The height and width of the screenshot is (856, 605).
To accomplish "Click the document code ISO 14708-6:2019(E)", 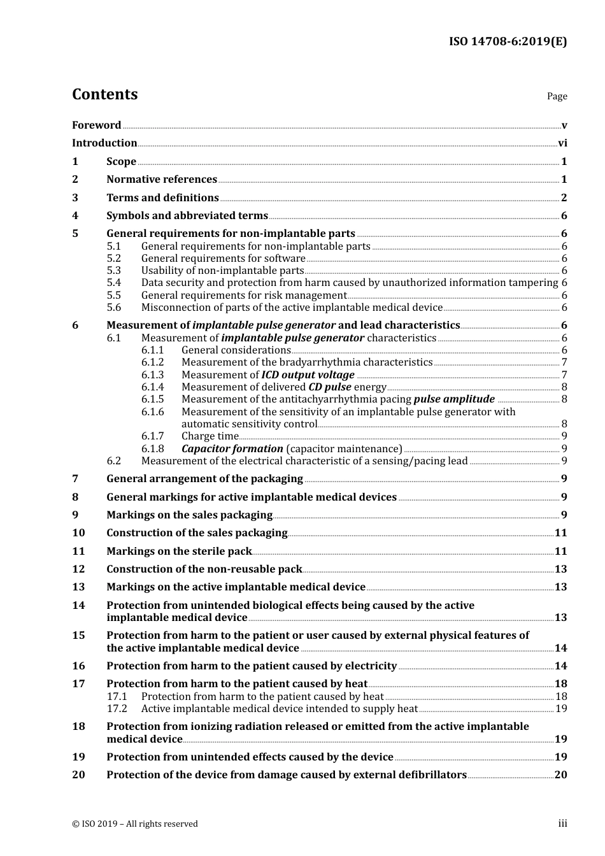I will tap(508, 42).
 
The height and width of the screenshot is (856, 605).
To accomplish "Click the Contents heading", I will tap(104, 94).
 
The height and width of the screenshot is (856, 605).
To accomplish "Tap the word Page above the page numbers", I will tap(557, 96).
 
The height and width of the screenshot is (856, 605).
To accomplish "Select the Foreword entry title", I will tap(96, 125).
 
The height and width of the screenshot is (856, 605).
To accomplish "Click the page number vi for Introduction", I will tap(562, 143).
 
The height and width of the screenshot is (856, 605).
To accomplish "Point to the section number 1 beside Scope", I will tap(75, 162).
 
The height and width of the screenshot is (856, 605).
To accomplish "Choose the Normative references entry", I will tap(162, 180).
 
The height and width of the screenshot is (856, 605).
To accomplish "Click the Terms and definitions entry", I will tap(162, 198).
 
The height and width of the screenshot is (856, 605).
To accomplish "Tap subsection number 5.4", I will tap(114, 283).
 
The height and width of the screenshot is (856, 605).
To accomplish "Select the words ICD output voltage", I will tap(308, 375).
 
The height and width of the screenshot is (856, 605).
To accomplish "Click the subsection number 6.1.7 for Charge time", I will tap(153, 436).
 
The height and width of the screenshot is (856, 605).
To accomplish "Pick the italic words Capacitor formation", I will tap(232, 449).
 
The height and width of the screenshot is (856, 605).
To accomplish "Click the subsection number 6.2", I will tap(114, 461).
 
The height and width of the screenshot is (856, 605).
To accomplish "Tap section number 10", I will tap(78, 533).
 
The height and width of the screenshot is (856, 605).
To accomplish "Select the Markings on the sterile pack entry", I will tap(179, 552).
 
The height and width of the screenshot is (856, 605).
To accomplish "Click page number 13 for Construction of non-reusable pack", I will tap(560, 569).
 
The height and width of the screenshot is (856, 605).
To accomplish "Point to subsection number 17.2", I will tap(117, 709).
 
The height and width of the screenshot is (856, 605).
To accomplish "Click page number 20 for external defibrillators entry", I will tap(560, 775).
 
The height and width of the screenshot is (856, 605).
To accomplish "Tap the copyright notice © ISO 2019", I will tap(135, 824).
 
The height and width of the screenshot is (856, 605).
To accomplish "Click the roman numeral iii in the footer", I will tap(562, 824).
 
